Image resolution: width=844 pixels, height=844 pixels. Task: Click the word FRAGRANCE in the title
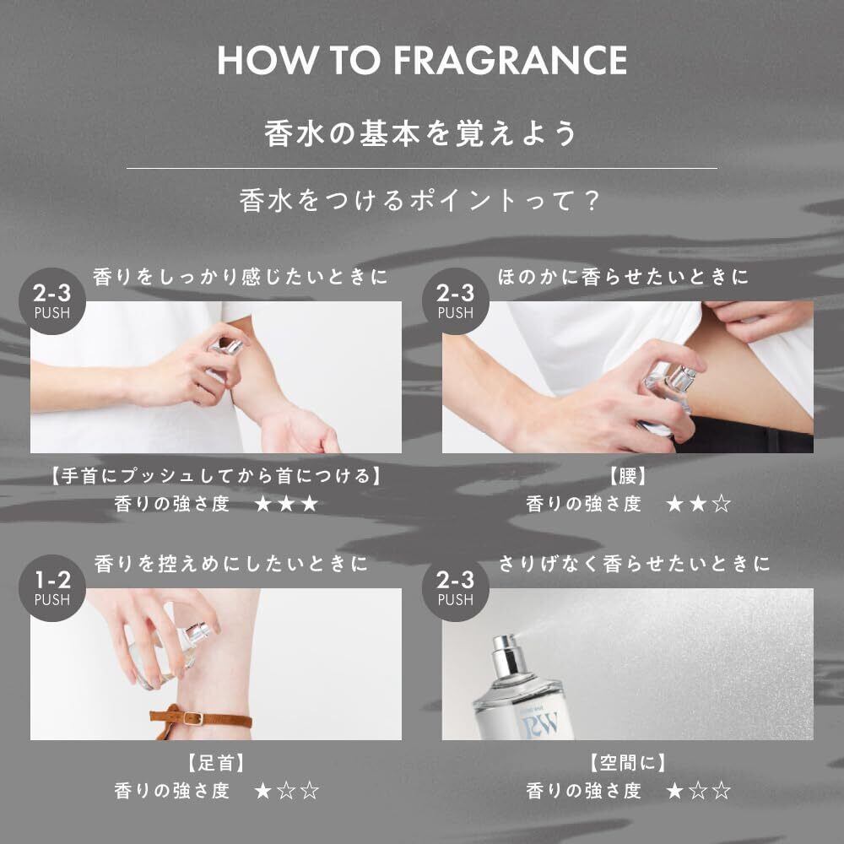point(510,60)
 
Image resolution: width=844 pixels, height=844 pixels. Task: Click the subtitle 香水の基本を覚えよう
point(420,133)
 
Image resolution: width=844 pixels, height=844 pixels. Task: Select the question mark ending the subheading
point(592,201)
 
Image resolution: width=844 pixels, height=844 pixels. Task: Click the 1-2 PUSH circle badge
point(52,587)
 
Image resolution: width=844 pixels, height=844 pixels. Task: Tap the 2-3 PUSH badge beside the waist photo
point(456,301)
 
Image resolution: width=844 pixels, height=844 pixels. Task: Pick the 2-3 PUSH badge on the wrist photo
point(52,301)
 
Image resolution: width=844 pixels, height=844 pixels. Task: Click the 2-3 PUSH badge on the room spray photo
point(456,587)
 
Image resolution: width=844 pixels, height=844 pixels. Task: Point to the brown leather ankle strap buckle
point(193,718)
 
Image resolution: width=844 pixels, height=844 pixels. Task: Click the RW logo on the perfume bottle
point(540,724)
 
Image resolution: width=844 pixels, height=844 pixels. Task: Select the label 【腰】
point(628,476)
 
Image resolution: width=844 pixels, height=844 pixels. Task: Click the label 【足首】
point(216,763)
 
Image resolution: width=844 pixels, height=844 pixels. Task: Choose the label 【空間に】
point(628,763)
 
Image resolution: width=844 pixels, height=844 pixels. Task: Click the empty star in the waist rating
point(722,505)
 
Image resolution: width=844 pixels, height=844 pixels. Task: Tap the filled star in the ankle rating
point(262,792)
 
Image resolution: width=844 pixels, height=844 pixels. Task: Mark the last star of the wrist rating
point(310,505)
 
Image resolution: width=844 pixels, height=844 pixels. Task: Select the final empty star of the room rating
point(722,792)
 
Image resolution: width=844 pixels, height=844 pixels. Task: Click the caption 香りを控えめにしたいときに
point(231,564)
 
